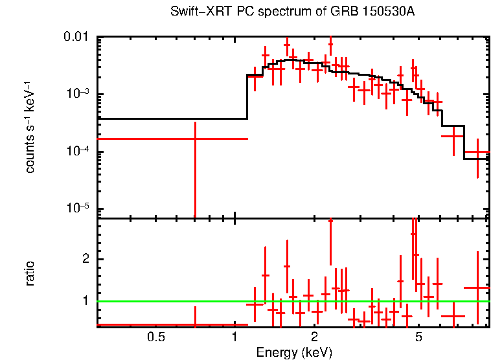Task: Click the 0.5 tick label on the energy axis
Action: (x=155, y=337)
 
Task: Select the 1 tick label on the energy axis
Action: (x=234, y=337)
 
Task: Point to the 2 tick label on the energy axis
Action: (x=314, y=337)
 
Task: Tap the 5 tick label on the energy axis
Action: (x=418, y=337)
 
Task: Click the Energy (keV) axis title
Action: (x=294, y=352)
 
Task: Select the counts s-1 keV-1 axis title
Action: (x=30, y=127)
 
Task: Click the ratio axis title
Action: (x=30, y=273)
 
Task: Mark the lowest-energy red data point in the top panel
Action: (x=194, y=139)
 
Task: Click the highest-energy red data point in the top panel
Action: (x=477, y=153)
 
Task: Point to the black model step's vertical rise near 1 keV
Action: (x=247, y=97)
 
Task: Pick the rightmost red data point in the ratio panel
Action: (x=477, y=287)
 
